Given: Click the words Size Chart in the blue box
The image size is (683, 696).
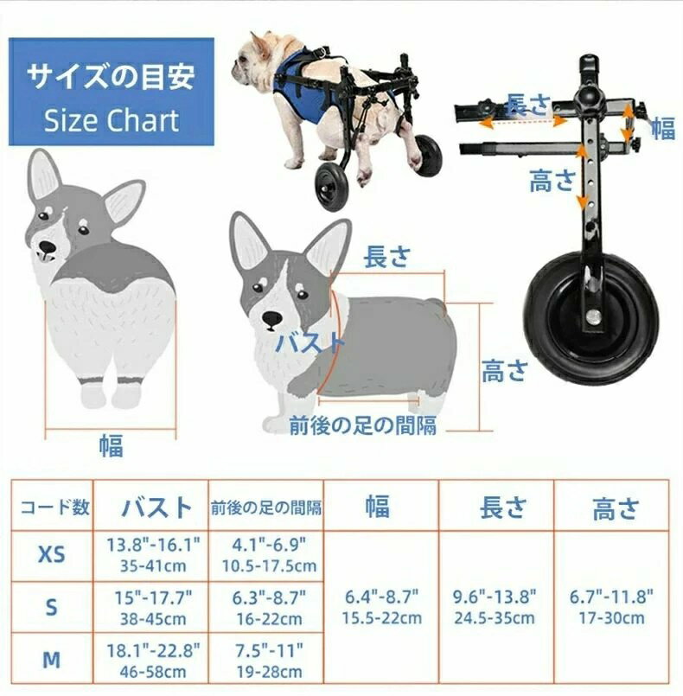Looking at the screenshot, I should [x=112, y=120].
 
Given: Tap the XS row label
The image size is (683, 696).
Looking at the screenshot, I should [x=51, y=553].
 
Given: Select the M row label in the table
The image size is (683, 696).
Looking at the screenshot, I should [x=51, y=660].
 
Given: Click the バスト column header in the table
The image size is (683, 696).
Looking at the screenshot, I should [x=150, y=507].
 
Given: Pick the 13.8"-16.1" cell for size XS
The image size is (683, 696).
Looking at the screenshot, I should [x=152, y=553].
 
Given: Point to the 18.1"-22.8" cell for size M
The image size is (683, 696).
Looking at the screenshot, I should [x=152, y=660].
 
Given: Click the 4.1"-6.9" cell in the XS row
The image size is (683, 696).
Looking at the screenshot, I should [x=266, y=553].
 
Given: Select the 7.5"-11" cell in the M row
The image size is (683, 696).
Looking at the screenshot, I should [x=266, y=660].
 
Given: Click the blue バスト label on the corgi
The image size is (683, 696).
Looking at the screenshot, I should [x=311, y=342].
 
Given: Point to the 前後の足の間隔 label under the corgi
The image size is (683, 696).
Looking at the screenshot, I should [x=362, y=425].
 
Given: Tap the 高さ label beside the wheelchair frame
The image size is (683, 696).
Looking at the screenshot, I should [x=552, y=181].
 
